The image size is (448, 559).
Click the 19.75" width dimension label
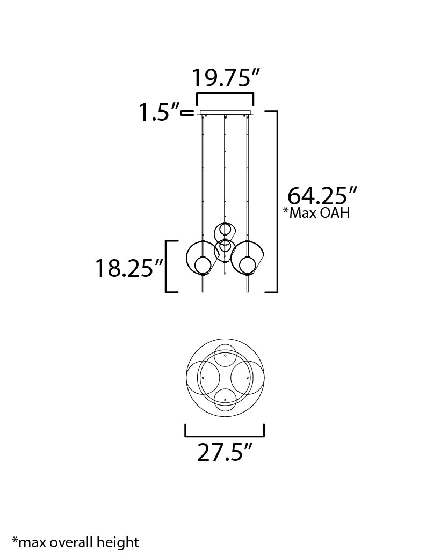(226, 78)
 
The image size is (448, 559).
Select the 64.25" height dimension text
(322, 195)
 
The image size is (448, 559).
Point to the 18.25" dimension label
(129, 268)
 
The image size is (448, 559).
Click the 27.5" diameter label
(225, 452)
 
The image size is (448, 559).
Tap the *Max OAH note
(316, 213)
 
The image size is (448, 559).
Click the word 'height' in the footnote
(118, 542)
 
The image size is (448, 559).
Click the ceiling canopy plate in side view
(225, 113)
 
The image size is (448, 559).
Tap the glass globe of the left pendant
(203, 265)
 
